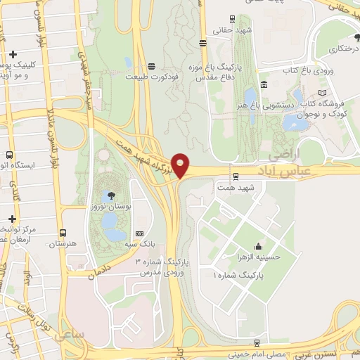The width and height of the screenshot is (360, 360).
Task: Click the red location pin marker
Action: click(181, 166)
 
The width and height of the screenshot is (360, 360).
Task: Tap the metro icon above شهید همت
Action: click(234, 176)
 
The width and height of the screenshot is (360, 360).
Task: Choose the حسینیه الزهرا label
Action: click(259, 257)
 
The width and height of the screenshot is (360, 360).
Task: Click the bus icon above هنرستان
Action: click(63, 233)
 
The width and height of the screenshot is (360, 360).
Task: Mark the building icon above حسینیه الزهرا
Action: click(259, 246)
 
